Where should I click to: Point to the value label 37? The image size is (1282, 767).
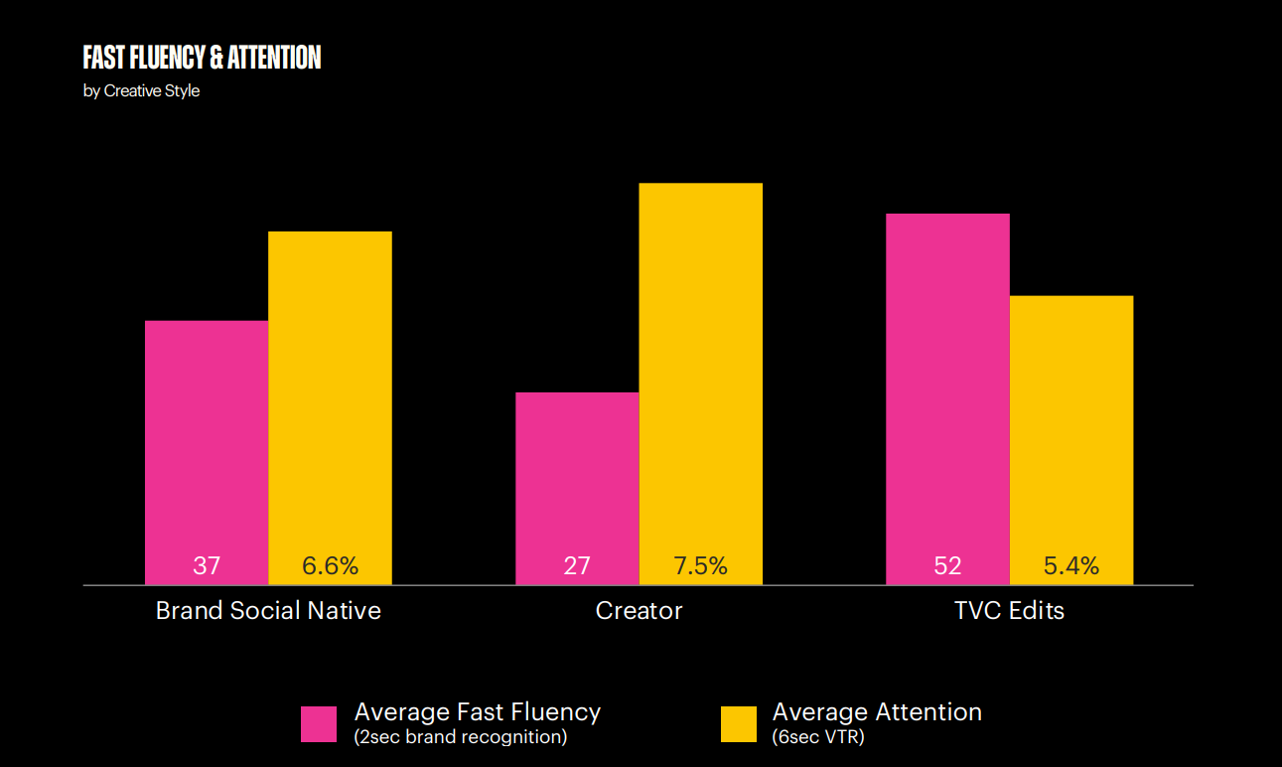tap(207, 566)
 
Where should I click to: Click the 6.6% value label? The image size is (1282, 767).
tap(330, 566)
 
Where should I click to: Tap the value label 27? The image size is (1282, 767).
tap(577, 566)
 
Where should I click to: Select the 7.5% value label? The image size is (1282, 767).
tap(700, 566)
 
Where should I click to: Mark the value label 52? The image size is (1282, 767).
tap(947, 566)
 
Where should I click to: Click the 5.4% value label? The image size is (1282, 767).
tap(1070, 566)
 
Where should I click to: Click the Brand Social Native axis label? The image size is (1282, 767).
tap(268, 610)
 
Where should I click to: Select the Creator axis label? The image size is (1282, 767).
tap(639, 610)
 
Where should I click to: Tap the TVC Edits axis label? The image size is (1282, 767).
tap(1009, 610)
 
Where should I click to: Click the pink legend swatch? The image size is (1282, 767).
tap(319, 724)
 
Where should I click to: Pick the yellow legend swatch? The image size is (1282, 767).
tap(738, 724)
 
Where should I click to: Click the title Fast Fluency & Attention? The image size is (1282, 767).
tap(202, 58)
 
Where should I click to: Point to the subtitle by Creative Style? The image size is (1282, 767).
tap(141, 91)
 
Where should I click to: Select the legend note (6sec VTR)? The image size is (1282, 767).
tap(817, 737)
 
